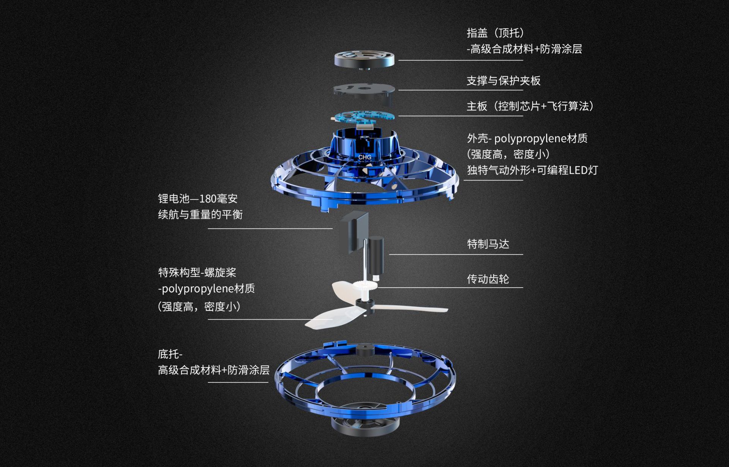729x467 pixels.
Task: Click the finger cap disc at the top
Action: point(364,59)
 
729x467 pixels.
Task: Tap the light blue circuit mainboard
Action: point(363,117)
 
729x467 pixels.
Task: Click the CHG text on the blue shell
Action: point(364,157)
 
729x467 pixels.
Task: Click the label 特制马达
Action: point(488,244)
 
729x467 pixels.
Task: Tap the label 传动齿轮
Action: point(488,279)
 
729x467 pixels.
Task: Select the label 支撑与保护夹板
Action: point(503,80)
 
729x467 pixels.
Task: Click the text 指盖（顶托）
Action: point(495,33)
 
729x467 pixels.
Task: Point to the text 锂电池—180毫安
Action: point(197,199)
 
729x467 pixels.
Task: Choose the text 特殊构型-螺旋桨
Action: point(197,272)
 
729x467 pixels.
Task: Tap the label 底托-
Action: point(170,354)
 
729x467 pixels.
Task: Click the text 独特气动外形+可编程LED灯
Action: point(532,170)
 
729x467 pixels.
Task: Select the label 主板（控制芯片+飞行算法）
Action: point(530,106)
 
